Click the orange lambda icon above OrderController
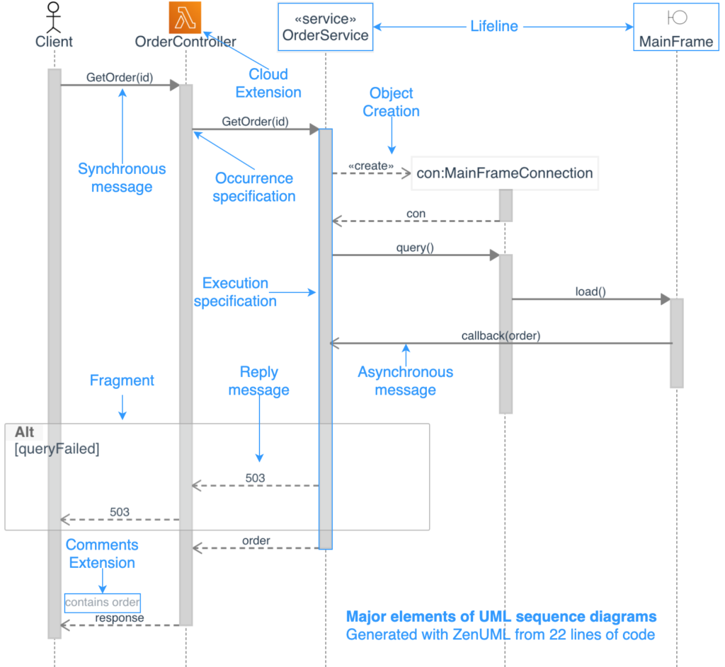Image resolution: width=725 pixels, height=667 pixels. (x=185, y=17)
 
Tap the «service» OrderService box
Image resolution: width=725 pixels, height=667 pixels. (x=326, y=27)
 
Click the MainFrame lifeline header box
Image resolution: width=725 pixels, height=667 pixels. (x=676, y=27)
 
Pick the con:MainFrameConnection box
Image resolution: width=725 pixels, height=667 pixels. (x=504, y=173)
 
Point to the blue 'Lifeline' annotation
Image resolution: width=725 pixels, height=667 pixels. (x=494, y=27)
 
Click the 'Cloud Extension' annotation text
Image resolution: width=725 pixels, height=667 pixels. (x=268, y=83)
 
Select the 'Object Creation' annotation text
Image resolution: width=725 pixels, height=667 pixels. (x=391, y=103)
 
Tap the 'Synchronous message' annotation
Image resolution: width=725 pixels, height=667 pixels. (x=122, y=178)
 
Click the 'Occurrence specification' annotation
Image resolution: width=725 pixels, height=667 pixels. (x=254, y=187)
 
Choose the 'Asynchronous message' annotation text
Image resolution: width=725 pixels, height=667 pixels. (x=405, y=381)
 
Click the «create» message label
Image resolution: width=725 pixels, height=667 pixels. (x=371, y=166)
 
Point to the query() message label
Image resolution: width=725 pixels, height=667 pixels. (x=416, y=248)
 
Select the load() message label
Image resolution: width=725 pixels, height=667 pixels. (x=590, y=291)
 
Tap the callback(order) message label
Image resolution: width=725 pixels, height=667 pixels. (x=501, y=336)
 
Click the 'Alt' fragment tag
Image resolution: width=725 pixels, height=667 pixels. (x=24, y=432)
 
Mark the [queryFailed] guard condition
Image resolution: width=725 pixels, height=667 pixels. (x=57, y=449)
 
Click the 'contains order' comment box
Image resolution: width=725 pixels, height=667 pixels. (x=103, y=603)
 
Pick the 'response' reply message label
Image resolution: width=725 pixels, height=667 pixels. (x=120, y=618)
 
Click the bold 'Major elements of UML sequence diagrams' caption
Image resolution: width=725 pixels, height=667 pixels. (x=501, y=617)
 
